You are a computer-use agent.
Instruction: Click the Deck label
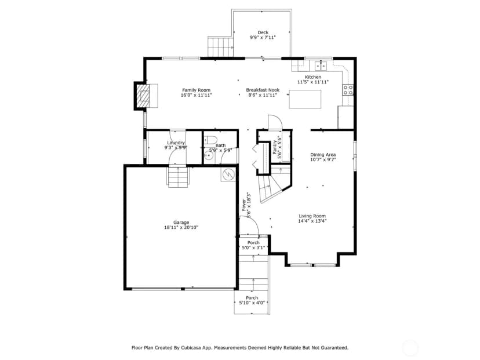coord(263,32)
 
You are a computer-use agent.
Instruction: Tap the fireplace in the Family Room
coord(143,96)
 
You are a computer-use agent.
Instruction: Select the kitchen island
coord(305,99)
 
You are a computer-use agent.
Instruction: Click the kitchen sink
coord(321,66)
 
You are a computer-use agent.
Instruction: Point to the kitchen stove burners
coord(348,90)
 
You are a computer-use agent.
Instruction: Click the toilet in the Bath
coord(210,140)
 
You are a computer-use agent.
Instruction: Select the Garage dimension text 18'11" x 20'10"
coord(181,227)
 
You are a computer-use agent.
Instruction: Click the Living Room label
coord(312,216)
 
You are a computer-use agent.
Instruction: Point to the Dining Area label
coord(323,155)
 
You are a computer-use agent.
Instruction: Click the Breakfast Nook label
coord(263,90)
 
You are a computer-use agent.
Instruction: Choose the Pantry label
coord(275,147)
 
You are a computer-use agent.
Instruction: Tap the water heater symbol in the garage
coord(228,174)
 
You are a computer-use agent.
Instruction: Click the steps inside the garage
coord(177,176)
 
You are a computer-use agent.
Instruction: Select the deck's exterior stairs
coord(220,46)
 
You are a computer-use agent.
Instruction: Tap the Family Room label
coord(196,90)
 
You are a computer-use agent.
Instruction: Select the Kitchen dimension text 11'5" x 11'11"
coord(313,82)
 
